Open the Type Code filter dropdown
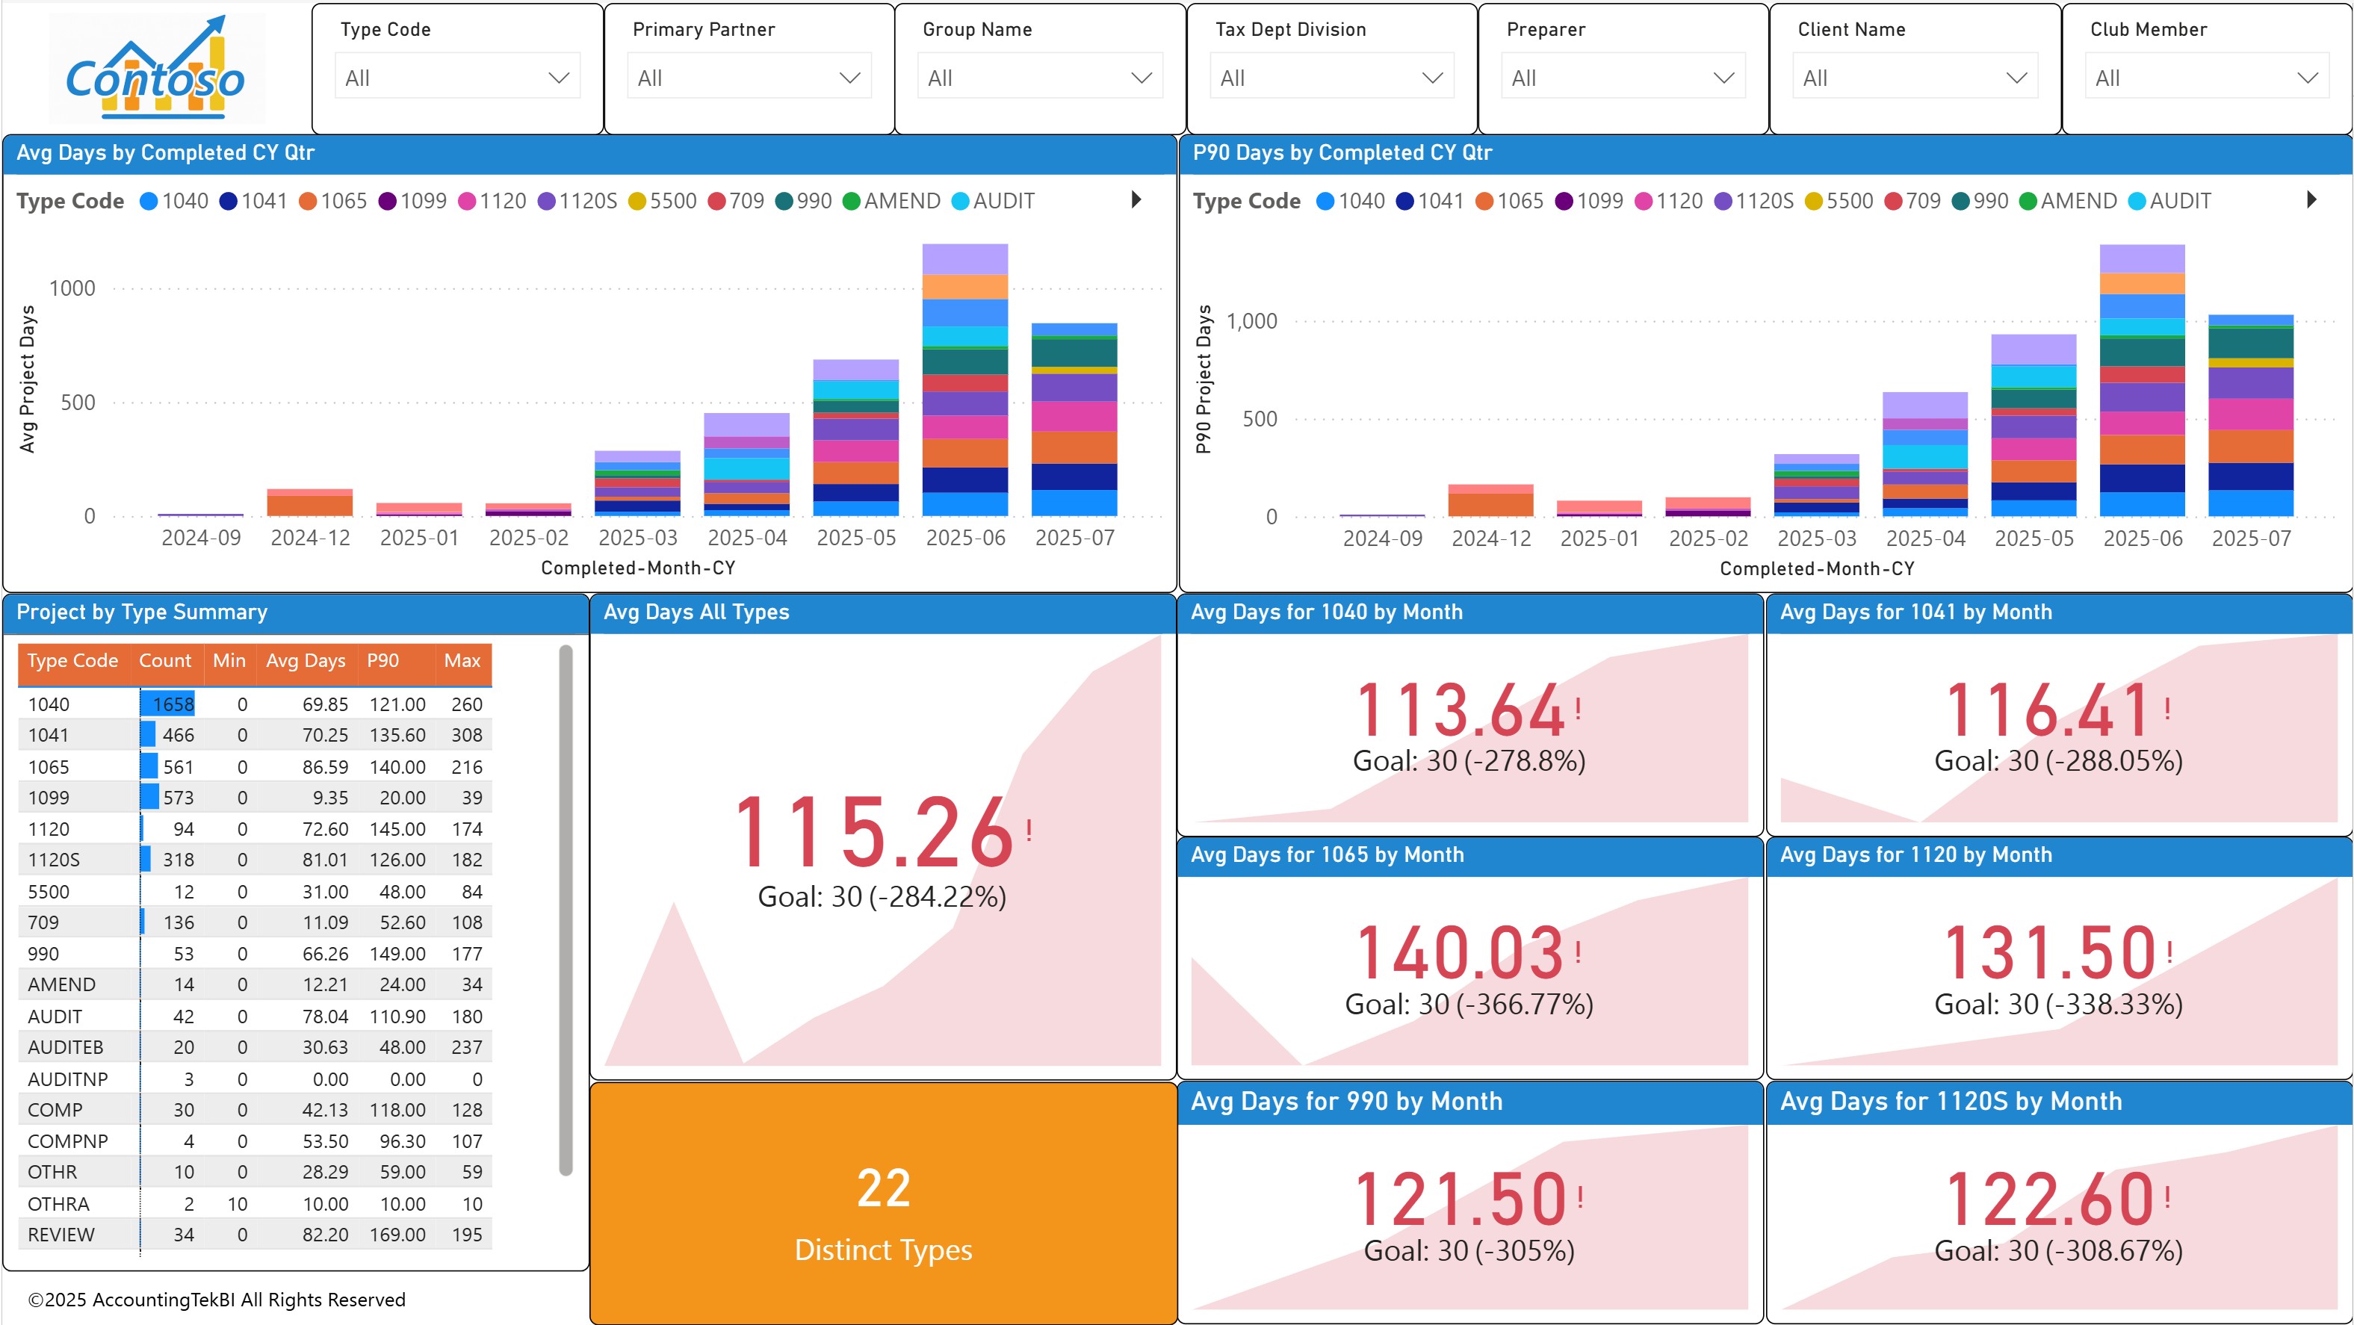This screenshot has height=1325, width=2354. point(457,78)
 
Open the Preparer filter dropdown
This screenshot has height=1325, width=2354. point(1622,78)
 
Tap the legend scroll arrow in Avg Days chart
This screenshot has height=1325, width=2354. point(1136,199)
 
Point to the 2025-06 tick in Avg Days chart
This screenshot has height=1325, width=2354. point(965,539)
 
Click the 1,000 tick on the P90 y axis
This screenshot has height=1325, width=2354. point(1251,322)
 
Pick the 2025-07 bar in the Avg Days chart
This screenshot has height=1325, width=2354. point(1074,421)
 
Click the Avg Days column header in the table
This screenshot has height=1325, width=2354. point(306,661)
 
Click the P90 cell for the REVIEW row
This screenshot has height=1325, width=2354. point(397,1235)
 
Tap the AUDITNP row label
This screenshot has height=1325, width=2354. point(68,1079)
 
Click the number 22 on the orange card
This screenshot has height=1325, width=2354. point(883,1188)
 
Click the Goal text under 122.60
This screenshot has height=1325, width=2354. point(2058,1250)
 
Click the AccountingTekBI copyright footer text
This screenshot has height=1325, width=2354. point(217,1300)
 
